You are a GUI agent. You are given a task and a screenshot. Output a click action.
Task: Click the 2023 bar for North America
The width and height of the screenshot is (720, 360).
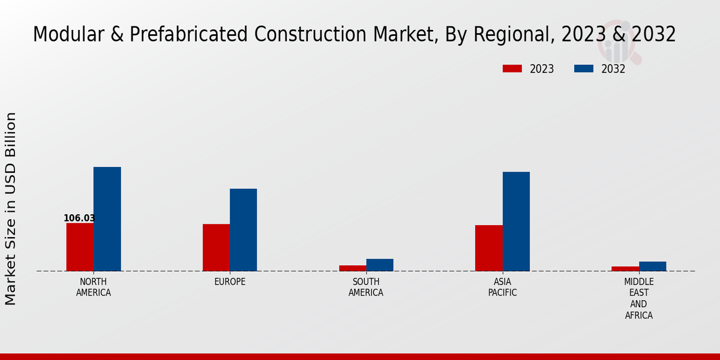[80, 247]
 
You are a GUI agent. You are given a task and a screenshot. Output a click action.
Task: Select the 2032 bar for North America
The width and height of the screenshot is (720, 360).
[107, 219]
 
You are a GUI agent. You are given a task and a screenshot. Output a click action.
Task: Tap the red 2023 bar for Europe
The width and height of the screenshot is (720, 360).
[216, 247]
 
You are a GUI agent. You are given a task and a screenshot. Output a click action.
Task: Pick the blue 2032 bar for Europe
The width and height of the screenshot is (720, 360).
[243, 230]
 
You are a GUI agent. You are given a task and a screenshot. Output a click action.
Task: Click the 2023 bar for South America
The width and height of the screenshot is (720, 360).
[352, 268]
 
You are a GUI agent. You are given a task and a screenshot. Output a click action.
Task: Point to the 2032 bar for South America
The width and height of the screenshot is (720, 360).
[380, 265]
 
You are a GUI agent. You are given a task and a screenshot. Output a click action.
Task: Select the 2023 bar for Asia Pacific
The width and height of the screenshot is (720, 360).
[488, 248]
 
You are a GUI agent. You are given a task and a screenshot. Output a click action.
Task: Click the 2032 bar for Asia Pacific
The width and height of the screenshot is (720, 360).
[516, 221]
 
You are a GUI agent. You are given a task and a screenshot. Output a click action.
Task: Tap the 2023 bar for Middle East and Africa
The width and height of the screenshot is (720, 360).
[625, 269]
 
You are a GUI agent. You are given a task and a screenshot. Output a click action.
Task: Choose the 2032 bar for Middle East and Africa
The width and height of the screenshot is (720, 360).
[652, 266]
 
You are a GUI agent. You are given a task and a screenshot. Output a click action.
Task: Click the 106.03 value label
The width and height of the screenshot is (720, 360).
[79, 218]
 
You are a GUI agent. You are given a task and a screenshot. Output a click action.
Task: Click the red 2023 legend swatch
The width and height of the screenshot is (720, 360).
[512, 69]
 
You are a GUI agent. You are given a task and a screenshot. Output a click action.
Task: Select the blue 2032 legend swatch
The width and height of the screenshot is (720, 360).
[583, 69]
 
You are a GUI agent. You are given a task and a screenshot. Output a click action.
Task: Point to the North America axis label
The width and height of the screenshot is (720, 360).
[94, 287]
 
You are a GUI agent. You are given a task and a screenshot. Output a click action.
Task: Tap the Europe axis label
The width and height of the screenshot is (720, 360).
[230, 282]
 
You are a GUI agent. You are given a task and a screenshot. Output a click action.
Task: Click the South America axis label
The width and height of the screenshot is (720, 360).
[366, 287]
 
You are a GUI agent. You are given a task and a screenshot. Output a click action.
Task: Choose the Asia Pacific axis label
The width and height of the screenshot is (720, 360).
[502, 287]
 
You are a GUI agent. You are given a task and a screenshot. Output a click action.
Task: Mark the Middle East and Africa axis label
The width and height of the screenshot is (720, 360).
[638, 298]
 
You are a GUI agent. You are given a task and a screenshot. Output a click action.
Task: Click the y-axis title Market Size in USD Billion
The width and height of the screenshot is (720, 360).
[11, 208]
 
